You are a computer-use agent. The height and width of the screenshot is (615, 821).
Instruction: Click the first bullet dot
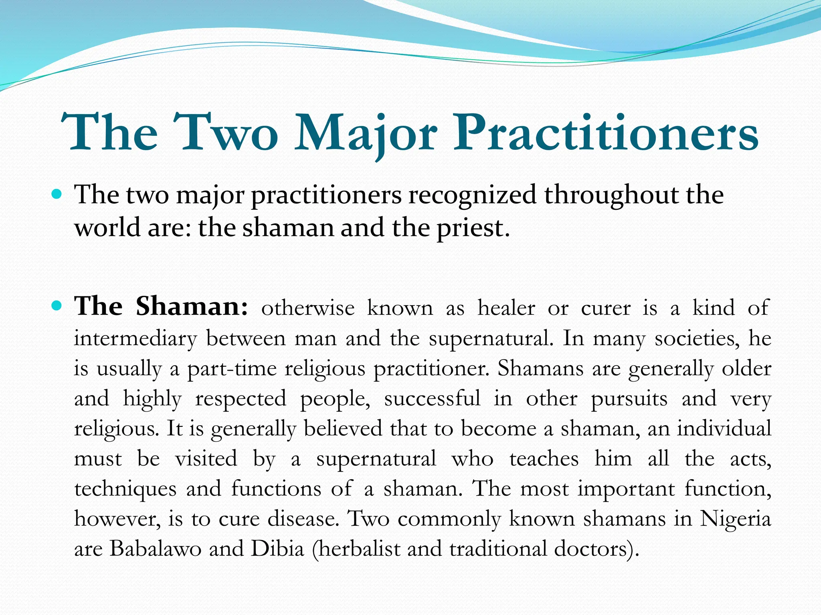tap(57, 195)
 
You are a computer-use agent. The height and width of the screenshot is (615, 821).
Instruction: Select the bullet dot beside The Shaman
tap(57, 307)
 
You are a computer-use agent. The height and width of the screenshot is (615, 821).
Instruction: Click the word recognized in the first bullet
tap(472, 195)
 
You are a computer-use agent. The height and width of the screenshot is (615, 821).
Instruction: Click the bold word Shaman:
tap(192, 307)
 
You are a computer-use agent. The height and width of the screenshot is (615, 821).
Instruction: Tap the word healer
tap(506, 308)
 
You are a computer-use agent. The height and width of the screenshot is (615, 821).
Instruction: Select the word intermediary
tap(135, 339)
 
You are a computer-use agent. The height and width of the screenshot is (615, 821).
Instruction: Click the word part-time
tap(232, 369)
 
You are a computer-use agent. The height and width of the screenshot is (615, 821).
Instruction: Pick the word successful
tap(432, 399)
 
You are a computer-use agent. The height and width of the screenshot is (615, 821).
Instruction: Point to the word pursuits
tap(629, 399)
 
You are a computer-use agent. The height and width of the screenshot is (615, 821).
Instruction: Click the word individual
tap(724, 428)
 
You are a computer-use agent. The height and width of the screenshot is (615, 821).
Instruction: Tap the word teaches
tap(544, 459)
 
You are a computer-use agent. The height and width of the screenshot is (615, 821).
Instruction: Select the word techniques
tap(125, 489)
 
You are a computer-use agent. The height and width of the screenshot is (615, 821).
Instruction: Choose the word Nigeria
tap(735, 519)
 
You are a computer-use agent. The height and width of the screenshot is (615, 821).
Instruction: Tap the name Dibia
tap(277, 549)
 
